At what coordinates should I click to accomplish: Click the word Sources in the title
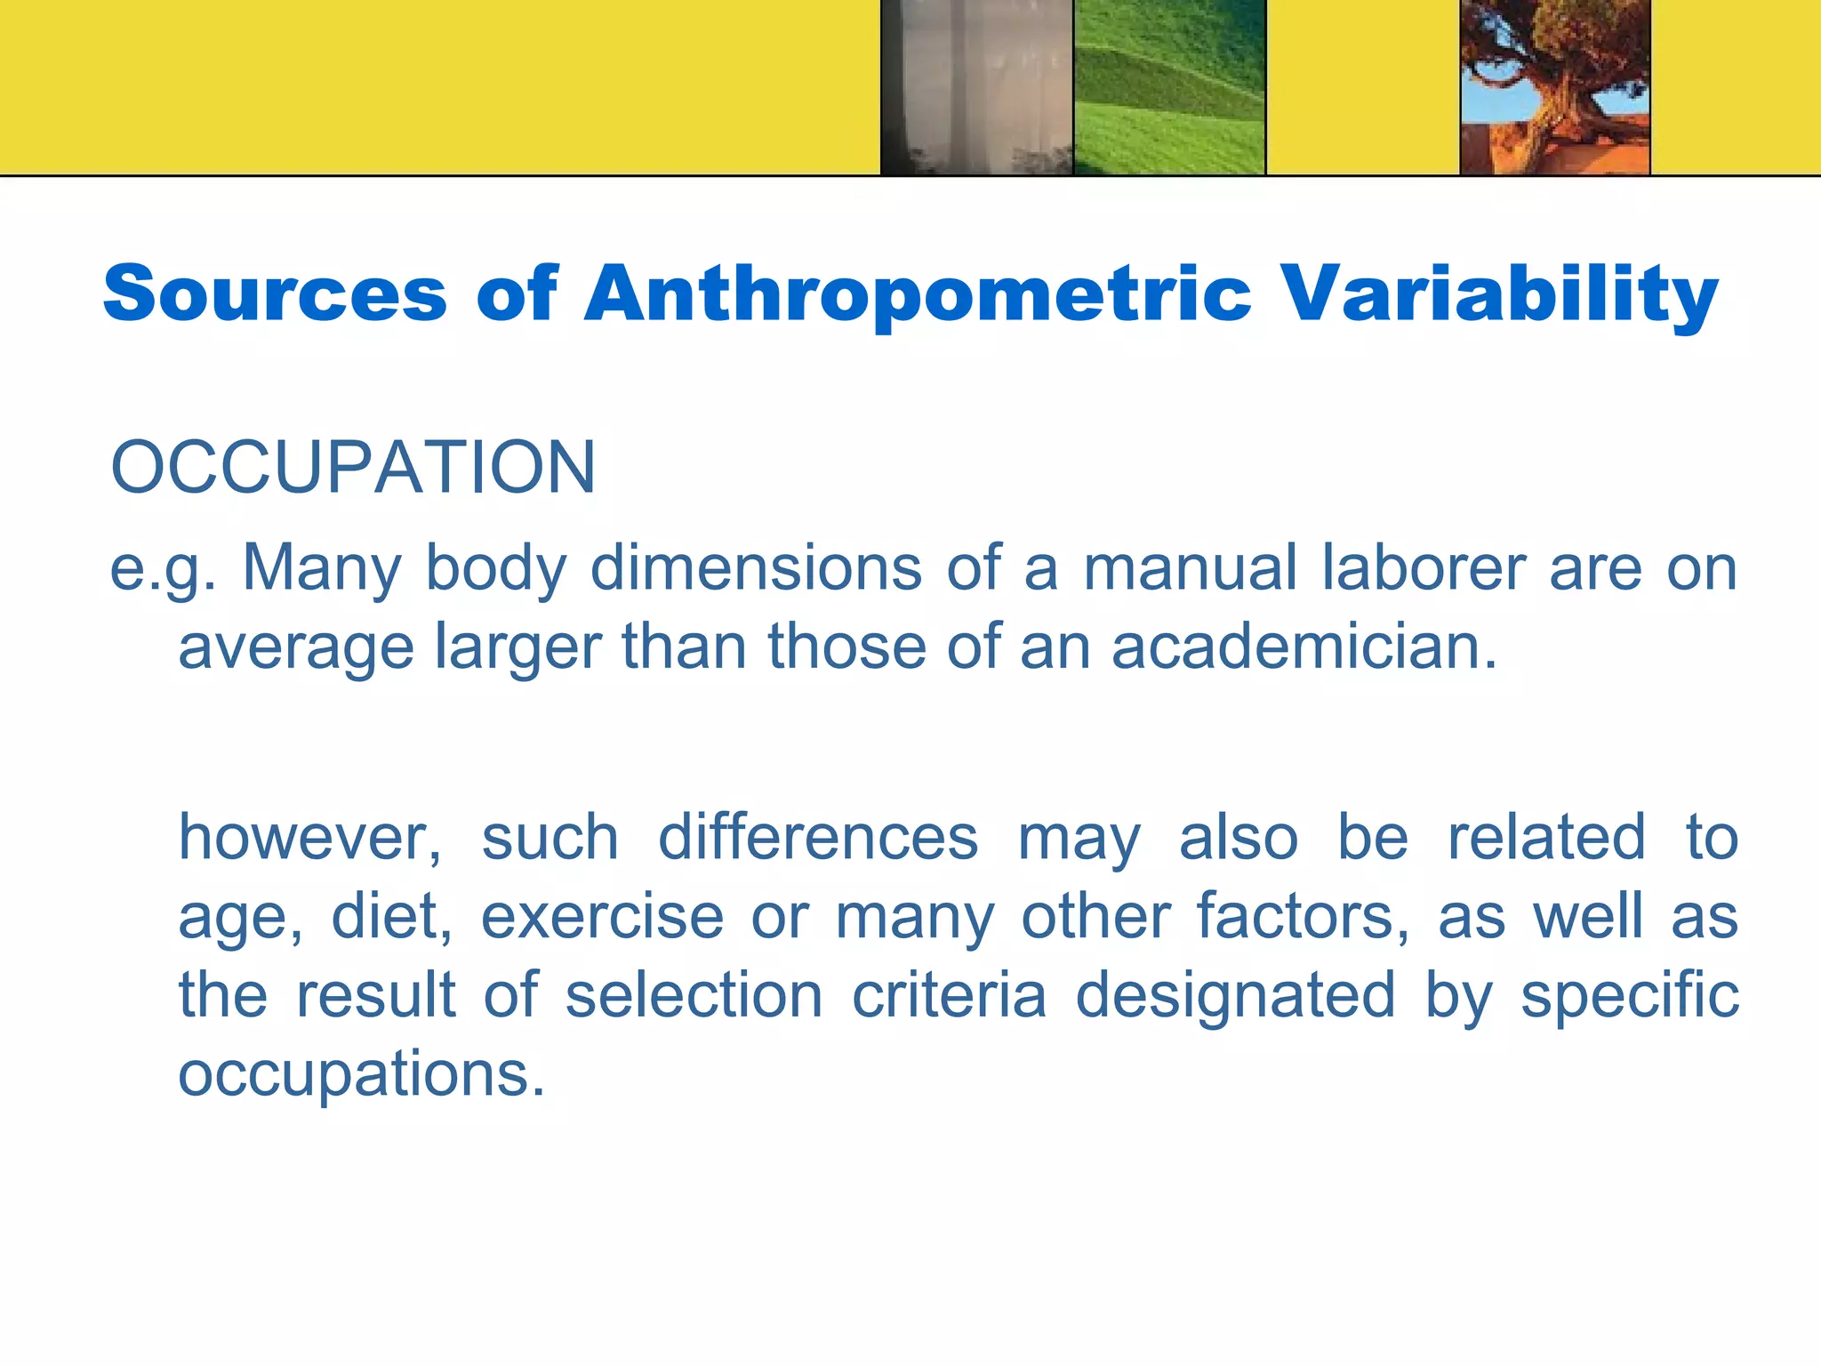(275, 293)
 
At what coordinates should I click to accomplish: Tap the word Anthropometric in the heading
(918, 295)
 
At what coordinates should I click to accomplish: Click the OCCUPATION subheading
(353, 468)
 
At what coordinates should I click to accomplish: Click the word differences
(818, 838)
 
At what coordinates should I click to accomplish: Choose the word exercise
(603, 916)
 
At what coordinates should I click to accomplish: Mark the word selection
(694, 994)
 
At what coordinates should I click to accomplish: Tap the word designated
(1235, 994)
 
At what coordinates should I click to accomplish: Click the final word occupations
(361, 1074)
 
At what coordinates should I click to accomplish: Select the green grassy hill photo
(1169, 87)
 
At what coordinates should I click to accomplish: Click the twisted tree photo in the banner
(1555, 87)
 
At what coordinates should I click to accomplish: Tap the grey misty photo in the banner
(976, 87)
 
